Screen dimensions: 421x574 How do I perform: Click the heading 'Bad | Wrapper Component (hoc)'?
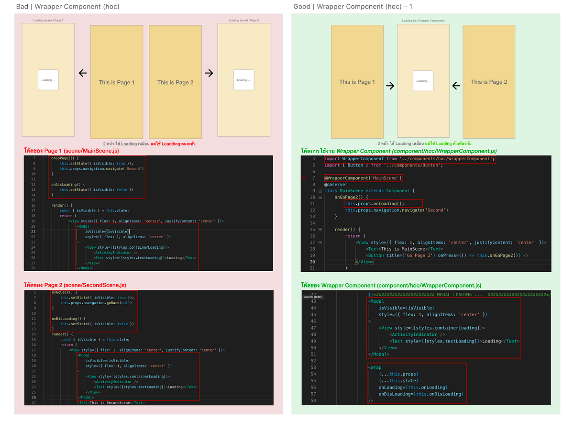[x=67, y=6]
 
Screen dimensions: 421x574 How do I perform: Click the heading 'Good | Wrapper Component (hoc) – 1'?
[x=353, y=6]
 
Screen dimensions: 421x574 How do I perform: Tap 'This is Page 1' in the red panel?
[x=117, y=82]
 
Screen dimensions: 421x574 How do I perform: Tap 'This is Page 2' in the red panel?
[x=176, y=82]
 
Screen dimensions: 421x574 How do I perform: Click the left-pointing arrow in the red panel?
[x=82, y=73]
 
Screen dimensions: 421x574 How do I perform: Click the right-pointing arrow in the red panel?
[x=209, y=73]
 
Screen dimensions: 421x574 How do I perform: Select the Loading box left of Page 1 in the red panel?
[x=48, y=80]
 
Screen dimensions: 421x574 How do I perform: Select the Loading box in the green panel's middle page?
[x=423, y=81]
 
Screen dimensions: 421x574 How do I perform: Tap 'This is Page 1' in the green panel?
[x=357, y=82]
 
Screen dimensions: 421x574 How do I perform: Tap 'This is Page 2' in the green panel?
[x=489, y=82]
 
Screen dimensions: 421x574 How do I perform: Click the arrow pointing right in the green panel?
[x=390, y=86]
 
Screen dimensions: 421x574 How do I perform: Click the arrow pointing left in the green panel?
[x=456, y=86]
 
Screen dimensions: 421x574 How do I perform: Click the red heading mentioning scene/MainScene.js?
[x=71, y=151]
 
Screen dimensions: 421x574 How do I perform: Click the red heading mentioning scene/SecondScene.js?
[x=75, y=285]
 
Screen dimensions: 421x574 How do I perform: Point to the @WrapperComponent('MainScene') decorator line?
[x=364, y=178]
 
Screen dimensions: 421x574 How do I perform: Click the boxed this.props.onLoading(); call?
[x=375, y=203]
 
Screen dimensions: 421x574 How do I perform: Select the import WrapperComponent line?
[x=409, y=159]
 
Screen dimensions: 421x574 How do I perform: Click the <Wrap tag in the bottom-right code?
[x=375, y=367]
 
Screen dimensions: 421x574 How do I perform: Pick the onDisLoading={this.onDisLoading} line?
[x=421, y=394]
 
